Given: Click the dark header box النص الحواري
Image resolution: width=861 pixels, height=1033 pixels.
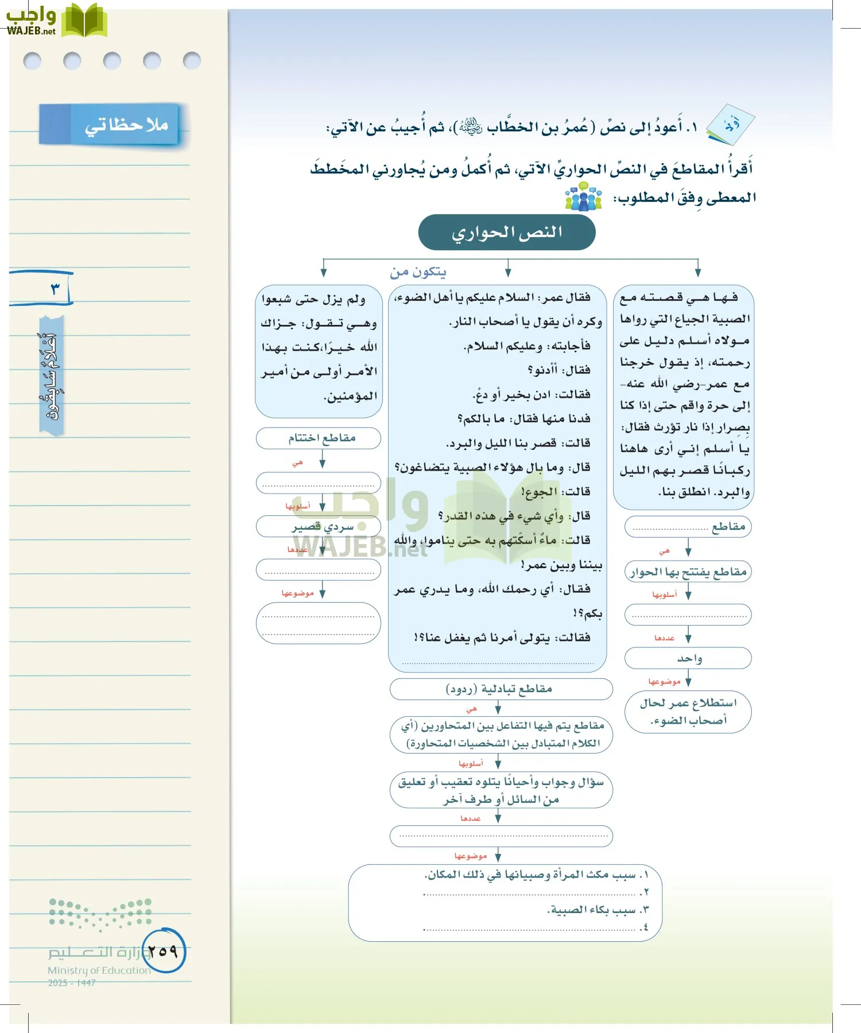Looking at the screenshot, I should tap(507, 232).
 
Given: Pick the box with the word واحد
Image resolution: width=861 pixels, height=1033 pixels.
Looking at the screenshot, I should tap(688, 658).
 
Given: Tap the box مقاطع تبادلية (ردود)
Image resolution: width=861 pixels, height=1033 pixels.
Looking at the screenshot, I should tap(501, 689).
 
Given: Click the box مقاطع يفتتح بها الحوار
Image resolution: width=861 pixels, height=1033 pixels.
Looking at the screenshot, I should tap(688, 572).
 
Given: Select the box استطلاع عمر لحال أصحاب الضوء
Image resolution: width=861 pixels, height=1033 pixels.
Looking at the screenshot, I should tap(688, 712).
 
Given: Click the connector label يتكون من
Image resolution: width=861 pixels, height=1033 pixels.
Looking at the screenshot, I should tap(418, 271).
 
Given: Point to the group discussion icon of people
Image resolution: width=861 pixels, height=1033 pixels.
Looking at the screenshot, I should tap(583, 196).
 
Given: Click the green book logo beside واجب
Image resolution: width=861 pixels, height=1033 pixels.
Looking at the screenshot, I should tap(84, 21).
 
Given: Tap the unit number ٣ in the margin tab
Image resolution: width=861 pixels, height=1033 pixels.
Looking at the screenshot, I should tap(55, 288).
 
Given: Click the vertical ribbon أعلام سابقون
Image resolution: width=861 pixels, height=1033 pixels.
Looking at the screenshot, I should tap(52, 376).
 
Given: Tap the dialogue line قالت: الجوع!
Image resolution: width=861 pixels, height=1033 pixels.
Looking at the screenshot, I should tap(556, 492).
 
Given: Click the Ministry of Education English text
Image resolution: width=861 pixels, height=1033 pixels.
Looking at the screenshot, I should tap(99, 970).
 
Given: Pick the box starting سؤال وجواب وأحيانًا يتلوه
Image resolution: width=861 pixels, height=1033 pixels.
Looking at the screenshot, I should tap(501, 790).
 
